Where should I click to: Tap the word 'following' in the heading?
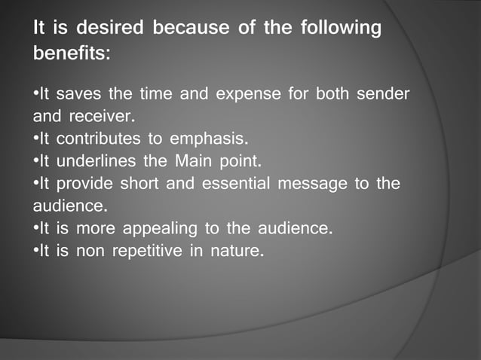[341, 30]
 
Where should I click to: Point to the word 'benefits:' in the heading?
[72, 55]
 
